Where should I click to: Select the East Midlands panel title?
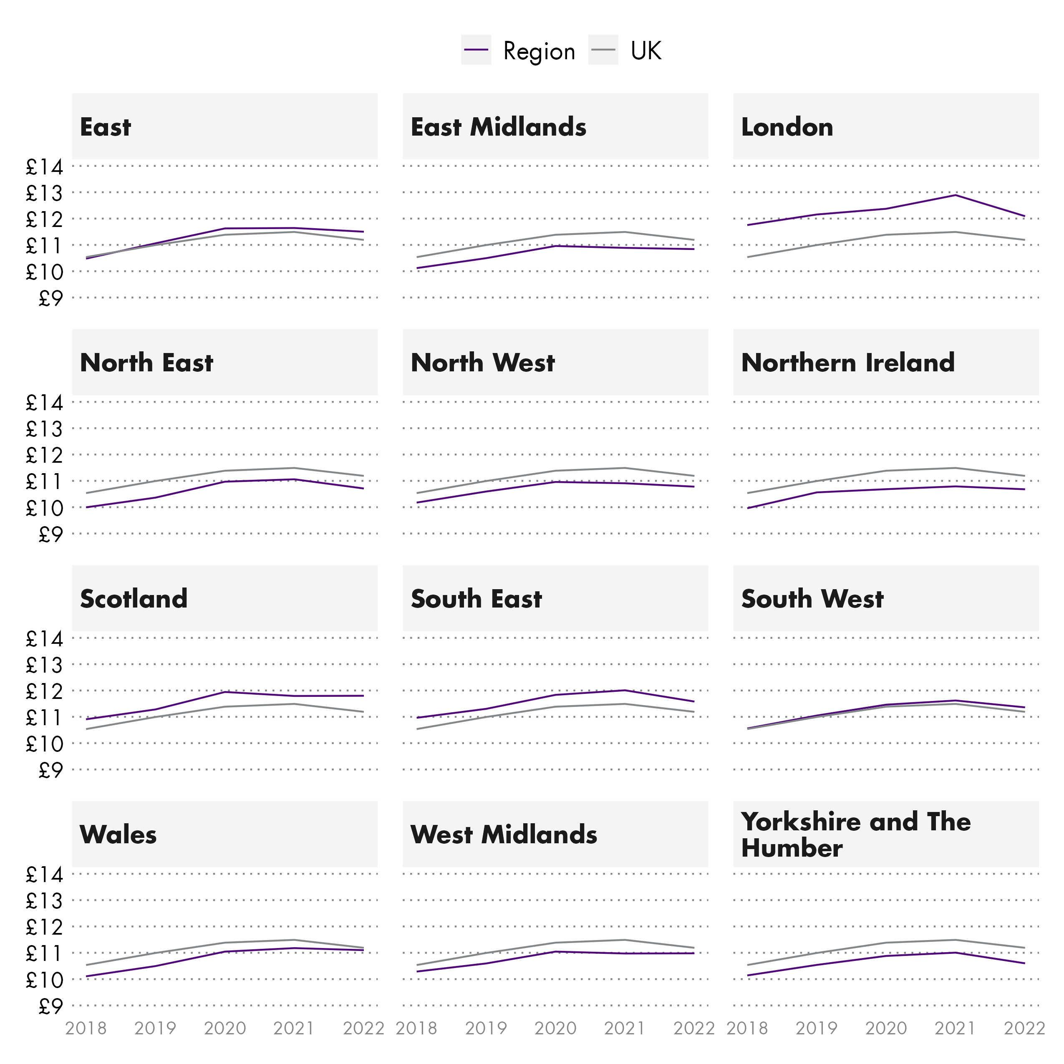[x=498, y=127]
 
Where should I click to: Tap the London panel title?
[x=787, y=127]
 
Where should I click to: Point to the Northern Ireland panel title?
[x=847, y=363]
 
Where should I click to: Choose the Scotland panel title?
[x=134, y=599]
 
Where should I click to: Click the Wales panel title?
[x=119, y=835]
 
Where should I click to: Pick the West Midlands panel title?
[x=504, y=835]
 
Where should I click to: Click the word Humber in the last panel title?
[x=792, y=848]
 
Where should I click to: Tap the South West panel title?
[x=812, y=599]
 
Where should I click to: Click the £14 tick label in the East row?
[x=45, y=166]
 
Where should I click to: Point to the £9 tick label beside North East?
[x=50, y=534]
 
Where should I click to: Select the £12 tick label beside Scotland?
[x=45, y=691]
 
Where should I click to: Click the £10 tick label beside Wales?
[x=45, y=980]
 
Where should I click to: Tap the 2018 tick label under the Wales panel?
[x=86, y=1028]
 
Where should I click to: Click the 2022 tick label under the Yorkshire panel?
[x=1024, y=1028]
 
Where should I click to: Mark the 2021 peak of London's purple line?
[x=956, y=195]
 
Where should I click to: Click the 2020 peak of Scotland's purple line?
[x=225, y=692]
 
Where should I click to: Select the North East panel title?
[x=146, y=363]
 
